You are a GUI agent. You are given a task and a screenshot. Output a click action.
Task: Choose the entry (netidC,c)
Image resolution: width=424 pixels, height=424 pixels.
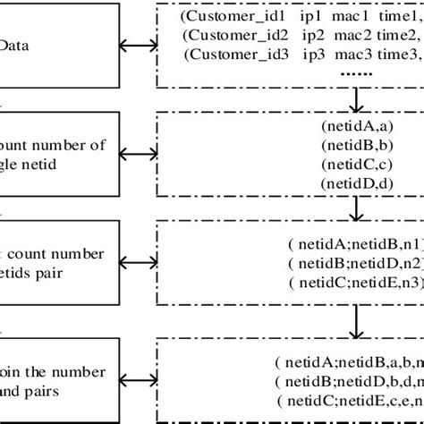(x=356, y=166)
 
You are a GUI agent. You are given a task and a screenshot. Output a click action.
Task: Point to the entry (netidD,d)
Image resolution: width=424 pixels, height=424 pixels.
(x=356, y=184)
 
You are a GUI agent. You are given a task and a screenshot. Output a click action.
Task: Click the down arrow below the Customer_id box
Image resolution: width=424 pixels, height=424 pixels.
(x=357, y=96)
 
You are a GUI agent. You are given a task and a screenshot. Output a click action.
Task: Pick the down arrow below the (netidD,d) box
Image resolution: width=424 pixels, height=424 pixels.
(x=357, y=208)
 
